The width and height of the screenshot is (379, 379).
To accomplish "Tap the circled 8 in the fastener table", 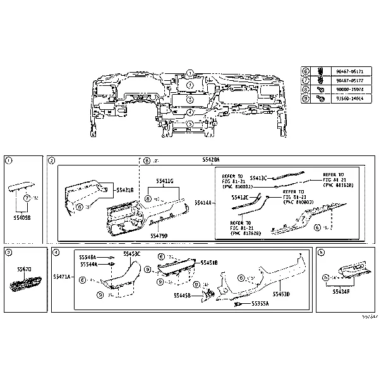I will point(306,90).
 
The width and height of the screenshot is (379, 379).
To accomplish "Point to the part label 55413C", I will point(259,177).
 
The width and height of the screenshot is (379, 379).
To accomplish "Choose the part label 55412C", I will point(239,198).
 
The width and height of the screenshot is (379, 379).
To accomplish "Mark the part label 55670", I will point(24,269).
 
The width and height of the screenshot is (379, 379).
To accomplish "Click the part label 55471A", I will point(62,277).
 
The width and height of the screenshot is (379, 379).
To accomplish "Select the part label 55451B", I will point(209,262).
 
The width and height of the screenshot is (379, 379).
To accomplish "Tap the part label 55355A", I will point(260,303).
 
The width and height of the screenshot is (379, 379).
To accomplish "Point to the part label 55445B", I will point(183,294).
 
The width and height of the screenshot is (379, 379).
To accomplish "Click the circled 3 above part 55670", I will point(8,253).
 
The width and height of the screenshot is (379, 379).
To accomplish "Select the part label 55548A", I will point(88,257).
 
